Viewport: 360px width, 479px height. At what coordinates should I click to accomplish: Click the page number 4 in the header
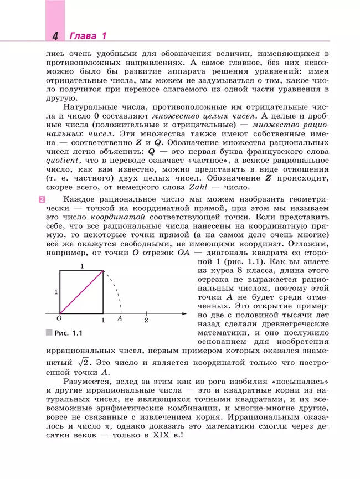55,37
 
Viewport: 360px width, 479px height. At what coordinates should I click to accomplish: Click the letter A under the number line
120,320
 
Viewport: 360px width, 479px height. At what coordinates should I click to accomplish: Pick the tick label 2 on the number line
146,320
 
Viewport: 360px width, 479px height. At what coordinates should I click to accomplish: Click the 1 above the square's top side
82,266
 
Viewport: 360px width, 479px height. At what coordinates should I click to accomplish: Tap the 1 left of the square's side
56,291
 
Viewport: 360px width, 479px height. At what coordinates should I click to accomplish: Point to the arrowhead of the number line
184,314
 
